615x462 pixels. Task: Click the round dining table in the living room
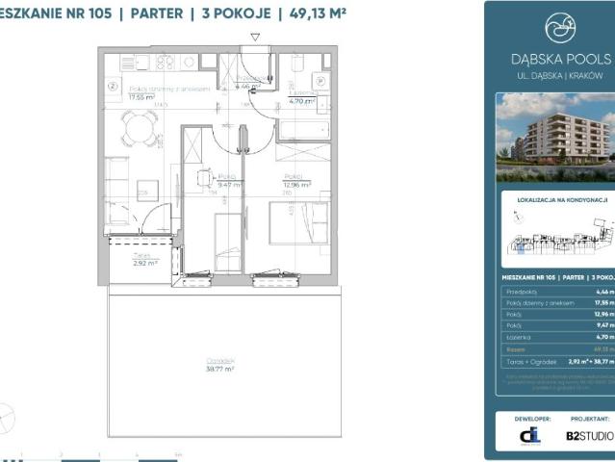[x=141, y=122]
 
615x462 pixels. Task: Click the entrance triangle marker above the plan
[x=255, y=37]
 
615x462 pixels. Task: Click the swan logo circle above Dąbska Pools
[x=557, y=28]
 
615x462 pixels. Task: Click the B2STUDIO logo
[x=588, y=436]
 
